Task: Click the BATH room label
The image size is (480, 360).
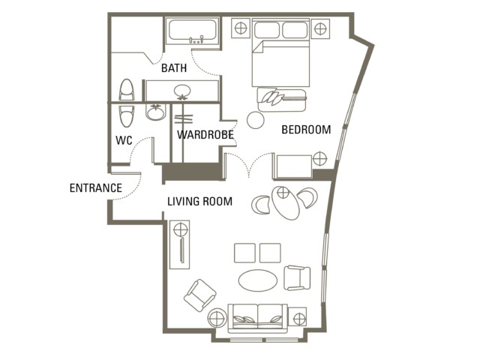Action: click(174, 67)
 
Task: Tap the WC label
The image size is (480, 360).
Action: click(124, 140)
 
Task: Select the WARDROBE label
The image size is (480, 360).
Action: click(205, 135)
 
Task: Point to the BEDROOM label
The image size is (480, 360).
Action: click(306, 130)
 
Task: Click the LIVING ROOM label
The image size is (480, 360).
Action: click(200, 201)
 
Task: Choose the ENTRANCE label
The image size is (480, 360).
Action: click(96, 187)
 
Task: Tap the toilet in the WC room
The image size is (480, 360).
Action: click(127, 116)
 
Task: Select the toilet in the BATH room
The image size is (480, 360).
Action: click(127, 89)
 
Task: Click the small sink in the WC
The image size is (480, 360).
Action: click(155, 112)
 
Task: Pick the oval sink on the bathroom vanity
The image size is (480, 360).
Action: click(182, 91)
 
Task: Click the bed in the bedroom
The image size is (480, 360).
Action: click(280, 53)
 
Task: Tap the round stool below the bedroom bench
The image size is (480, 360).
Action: click(256, 120)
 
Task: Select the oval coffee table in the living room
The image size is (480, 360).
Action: click(258, 280)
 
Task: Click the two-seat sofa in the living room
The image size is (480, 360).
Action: click(258, 318)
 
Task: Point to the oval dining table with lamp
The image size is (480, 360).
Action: click(285, 202)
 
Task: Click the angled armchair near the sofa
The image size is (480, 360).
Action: click(200, 295)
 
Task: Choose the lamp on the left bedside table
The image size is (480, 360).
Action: click(241, 28)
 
